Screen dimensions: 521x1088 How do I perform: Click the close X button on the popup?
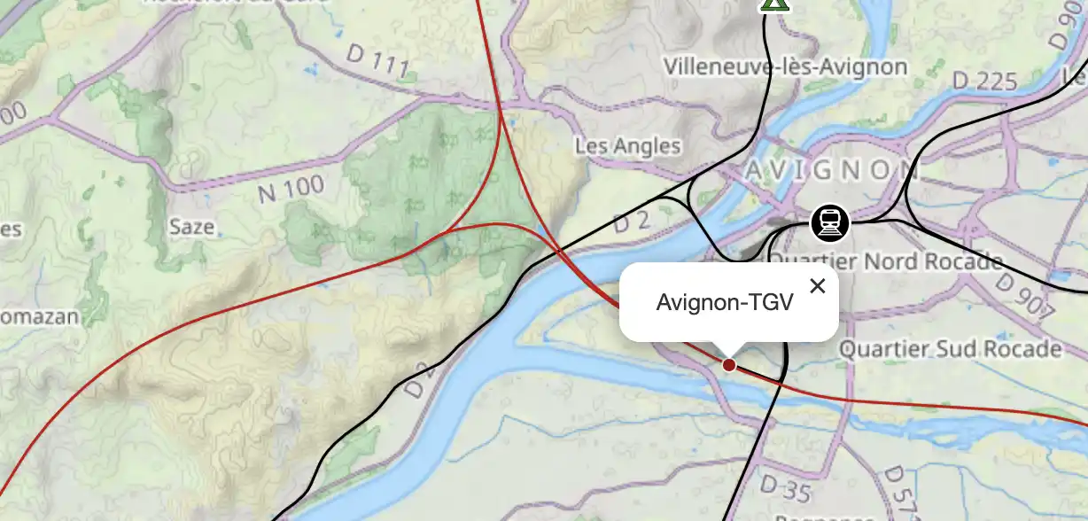(817, 285)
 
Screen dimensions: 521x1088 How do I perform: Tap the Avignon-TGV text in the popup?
(724, 302)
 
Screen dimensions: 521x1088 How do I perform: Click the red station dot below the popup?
(728, 364)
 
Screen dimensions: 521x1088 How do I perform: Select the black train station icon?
(830, 223)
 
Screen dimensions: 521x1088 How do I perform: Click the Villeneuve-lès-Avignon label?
(786, 66)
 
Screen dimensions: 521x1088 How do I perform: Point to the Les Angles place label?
(628, 145)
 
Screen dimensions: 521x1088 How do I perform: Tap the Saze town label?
(192, 227)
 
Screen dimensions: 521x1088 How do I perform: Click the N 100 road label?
(291, 189)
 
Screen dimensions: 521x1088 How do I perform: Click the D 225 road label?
(984, 82)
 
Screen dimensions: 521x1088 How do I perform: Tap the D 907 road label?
(1025, 296)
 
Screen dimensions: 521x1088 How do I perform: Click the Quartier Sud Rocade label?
(950, 348)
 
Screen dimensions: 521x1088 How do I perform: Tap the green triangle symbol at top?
(775, 4)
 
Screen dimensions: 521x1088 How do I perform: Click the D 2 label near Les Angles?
(632, 222)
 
